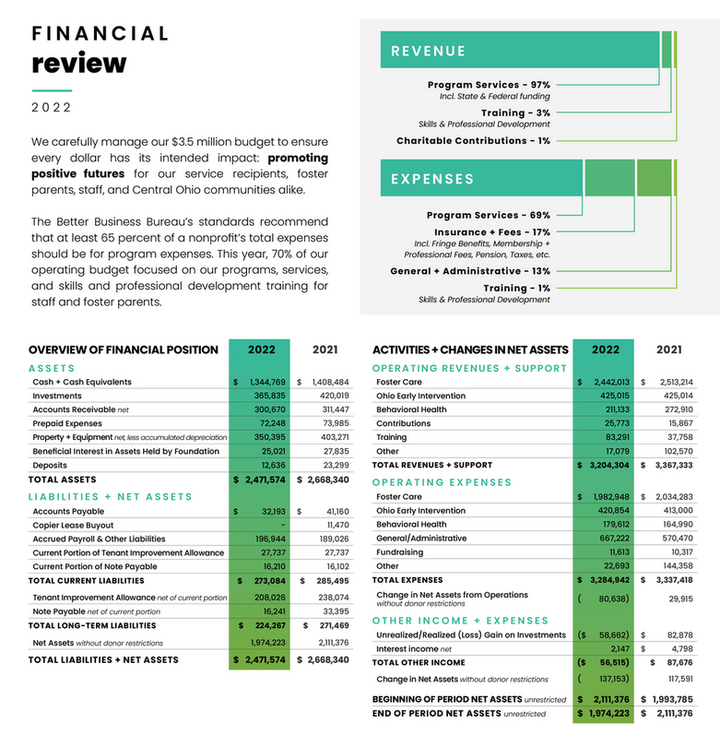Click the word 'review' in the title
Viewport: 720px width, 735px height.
point(78,63)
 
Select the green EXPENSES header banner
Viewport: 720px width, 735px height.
point(479,179)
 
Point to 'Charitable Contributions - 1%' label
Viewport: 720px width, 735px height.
point(473,141)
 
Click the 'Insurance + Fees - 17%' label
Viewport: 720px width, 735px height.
point(492,232)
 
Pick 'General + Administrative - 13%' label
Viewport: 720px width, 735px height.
point(470,271)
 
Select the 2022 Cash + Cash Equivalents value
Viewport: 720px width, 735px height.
point(264,382)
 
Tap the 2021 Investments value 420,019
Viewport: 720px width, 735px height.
point(329,396)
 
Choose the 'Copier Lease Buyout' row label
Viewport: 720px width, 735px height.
point(74,526)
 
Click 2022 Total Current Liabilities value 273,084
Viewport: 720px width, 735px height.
point(266,581)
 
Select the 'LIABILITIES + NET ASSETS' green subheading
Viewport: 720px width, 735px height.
point(111,497)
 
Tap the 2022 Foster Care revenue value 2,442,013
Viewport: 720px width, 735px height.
point(608,382)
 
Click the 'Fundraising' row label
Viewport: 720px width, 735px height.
point(401,551)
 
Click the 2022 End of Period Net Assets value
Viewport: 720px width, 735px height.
point(608,713)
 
